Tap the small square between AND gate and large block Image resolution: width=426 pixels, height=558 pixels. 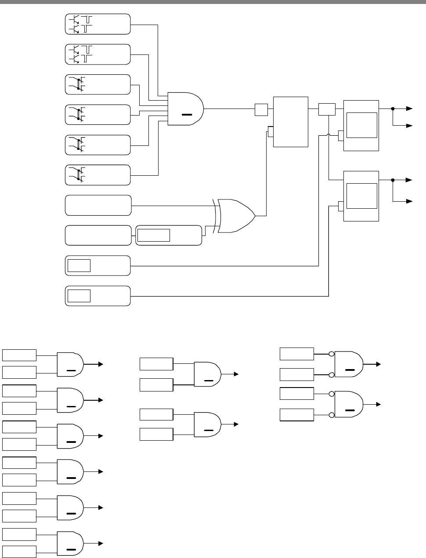tap(261, 109)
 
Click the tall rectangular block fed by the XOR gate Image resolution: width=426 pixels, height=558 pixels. tap(290, 122)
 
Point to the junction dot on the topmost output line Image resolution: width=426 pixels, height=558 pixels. tap(393, 109)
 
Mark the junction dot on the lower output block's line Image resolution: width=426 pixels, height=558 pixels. tap(393, 180)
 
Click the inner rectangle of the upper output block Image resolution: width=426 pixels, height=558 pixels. tap(362, 125)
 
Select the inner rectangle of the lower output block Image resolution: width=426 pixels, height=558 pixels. tap(362, 196)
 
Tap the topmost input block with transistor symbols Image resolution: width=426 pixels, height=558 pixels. tap(98, 24)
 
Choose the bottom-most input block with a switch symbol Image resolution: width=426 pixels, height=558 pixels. tap(98, 175)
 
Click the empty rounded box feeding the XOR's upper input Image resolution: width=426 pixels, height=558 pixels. tap(98, 205)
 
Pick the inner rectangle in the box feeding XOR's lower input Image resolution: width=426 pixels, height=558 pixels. tap(153, 235)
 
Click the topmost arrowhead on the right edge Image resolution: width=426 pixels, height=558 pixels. tap(410, 109)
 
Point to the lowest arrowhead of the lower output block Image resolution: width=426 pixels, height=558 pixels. tap(410, 201)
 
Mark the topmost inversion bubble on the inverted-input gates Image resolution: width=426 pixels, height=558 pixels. tap(332, 353)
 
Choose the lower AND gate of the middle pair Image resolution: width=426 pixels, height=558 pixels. tap(208, 424)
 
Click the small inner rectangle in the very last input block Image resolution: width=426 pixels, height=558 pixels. tap(79, 296)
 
